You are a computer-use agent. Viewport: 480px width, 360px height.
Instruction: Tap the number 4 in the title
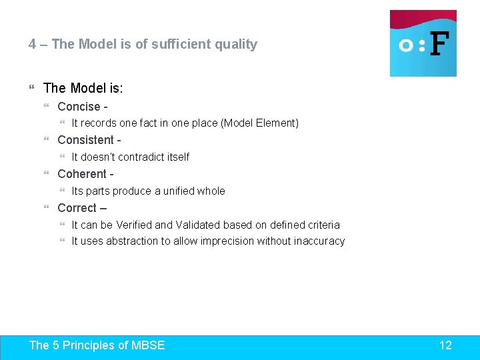(x=32, y=45)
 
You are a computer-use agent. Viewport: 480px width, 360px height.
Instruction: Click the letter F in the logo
(x=439, y=45)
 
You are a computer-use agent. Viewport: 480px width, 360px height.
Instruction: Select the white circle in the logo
(x=405, y=45)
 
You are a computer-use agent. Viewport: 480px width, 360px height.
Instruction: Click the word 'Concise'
(x=79, y=107)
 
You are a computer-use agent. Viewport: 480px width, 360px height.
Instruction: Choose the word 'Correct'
(x=77, y=208)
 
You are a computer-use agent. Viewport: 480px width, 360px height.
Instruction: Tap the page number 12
(x=445, y=345)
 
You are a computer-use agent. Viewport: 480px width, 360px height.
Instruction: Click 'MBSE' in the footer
(x=148, y=345)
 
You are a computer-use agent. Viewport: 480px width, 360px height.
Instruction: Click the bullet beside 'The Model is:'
(x=33, y=89)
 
